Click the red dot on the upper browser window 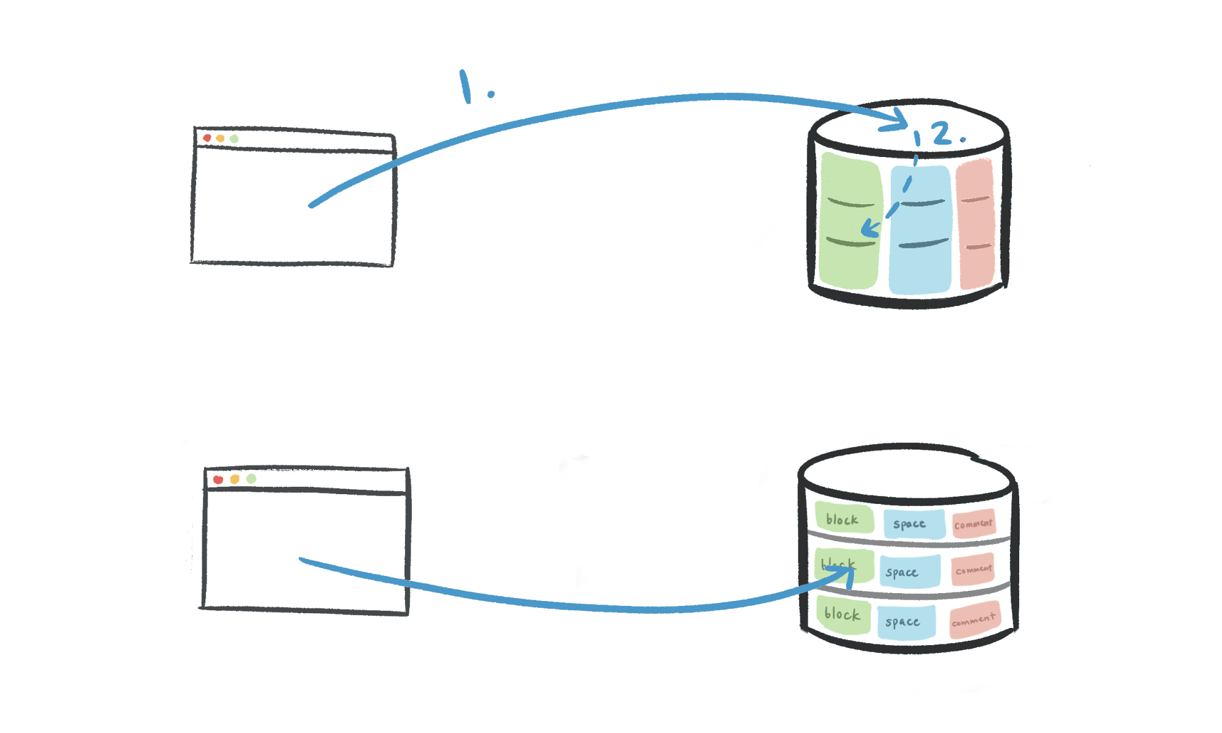click(x=207, y=138)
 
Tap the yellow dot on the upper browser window click(x=220, y=139)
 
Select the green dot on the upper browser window click(x=234, y=139)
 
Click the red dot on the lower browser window click(x=218, y=480)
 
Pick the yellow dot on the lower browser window click(x=235, y=479)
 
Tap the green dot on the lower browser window click(x=251, y=478)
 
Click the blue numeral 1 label click(x=466, y=87)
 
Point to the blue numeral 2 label click(x=942, y=133)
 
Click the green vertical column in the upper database click(x=850, y=221)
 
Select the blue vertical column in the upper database click(x=921, y=229)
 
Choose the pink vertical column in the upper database click(x=976, y=224)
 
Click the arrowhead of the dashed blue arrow click(x=869, y=230)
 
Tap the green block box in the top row click(x=844, y=519)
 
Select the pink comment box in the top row click(x=973, y=523)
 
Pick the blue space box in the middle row click(x=910, y=572)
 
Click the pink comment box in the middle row click(x=973, y=569)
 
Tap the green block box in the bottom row click(x=843, y=614)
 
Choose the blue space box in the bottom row click(x=906, y=622)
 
